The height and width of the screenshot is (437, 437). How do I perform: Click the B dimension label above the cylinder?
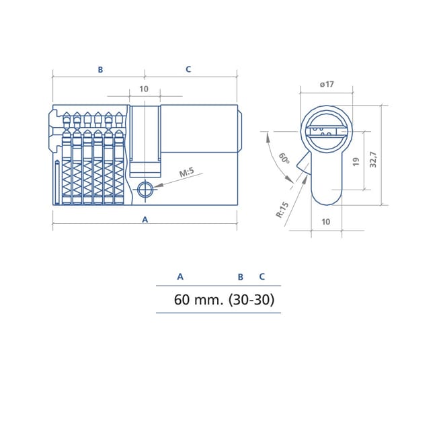[x=100, y=69]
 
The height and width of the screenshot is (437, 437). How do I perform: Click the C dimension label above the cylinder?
[x=188, y=69]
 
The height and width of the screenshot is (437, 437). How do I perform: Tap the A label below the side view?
[x=145, y=220]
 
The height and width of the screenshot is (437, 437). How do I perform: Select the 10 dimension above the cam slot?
[x=144, y=89]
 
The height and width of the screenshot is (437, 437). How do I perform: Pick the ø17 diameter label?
[x=327, y=84]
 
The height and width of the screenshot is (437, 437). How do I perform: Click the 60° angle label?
[x=284, y=159]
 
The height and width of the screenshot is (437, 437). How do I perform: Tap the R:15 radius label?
[x=282, y=210]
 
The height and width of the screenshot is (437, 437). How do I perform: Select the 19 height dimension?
[x=356, y=161]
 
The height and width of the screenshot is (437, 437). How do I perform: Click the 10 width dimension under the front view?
[x=326, y=221]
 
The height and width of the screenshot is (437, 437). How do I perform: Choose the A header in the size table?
[x=180, y=276]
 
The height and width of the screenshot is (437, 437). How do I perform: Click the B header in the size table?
[x=240, y=276]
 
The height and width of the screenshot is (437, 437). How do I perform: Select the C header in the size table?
[x=262, y=276]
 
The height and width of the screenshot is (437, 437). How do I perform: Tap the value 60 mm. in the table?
[x=199, y=300]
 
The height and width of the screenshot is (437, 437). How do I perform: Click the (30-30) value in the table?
[x=251, y=300]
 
